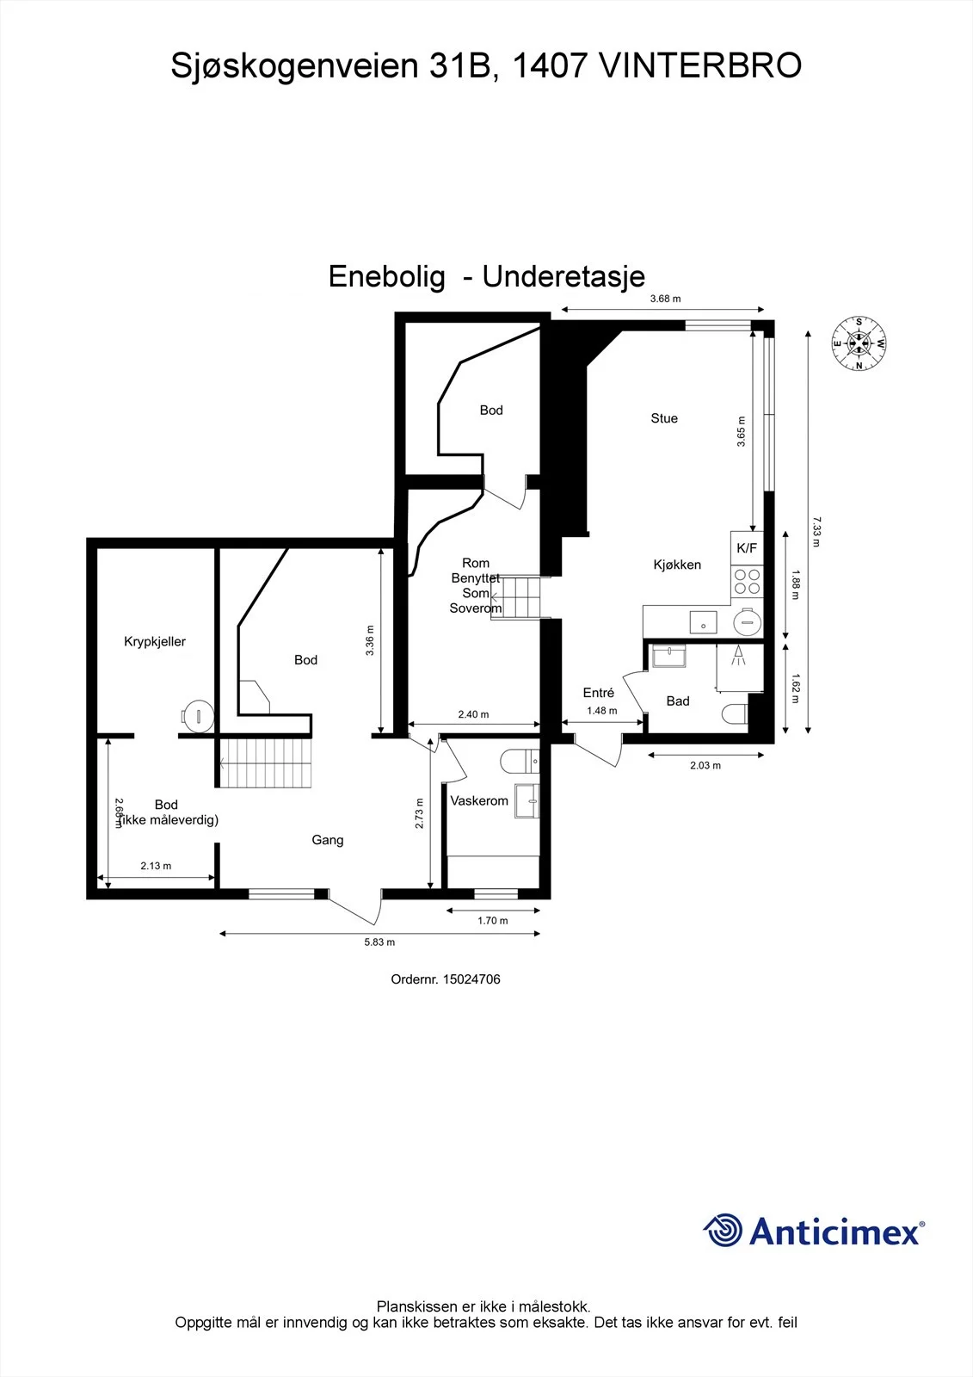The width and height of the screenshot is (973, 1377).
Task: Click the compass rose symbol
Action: coord(859,343)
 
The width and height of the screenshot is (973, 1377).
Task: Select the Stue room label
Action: coord(664,418)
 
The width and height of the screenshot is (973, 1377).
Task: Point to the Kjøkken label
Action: coord(677,565)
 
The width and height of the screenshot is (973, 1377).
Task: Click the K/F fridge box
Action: coord(747,547)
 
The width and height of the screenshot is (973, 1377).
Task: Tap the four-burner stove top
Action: coord(747,581)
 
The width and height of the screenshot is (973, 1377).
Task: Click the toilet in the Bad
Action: coord(734,714)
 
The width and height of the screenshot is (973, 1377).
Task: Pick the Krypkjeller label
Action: coord(155,642)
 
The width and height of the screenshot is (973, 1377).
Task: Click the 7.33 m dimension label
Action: coord(817,532)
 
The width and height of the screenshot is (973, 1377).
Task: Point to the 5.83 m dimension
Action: coord(379,942)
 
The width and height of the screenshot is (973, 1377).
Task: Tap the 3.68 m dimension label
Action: coord(666,299)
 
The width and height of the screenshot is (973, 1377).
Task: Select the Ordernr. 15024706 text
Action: coord(446,979)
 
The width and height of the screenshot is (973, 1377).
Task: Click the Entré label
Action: coord(599,693)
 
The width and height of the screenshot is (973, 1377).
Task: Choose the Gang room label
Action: coord(328,840)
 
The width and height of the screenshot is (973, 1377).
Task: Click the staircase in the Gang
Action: coord(266,763)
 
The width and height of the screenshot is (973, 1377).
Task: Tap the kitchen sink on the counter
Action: coord(703,623)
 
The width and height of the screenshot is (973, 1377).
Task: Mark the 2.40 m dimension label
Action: coord(473,714)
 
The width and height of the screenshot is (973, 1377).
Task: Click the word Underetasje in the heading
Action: coord(563,276)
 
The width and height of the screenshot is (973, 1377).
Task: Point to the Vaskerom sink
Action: coord(527,801)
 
